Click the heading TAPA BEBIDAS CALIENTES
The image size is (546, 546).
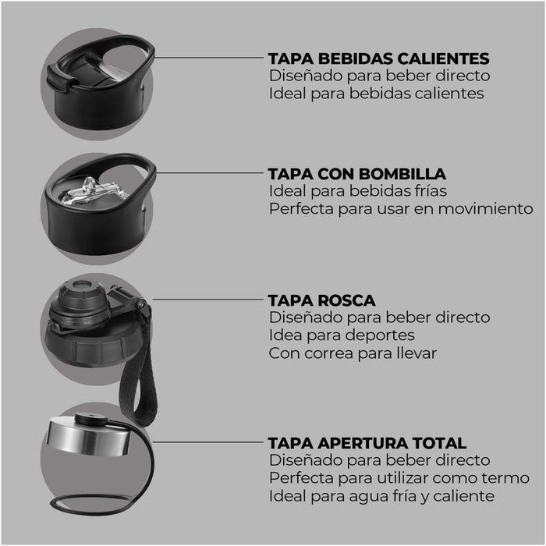(378, 58)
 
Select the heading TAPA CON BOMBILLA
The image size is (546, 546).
(357, 174)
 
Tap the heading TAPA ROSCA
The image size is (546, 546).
(321, 300)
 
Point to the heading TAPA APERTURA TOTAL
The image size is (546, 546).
(367, 443)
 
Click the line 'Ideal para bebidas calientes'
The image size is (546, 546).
(377, 94)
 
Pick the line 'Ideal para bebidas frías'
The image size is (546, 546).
(358, 191)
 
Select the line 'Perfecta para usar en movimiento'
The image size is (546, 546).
(401, 209)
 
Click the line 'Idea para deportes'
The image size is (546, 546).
(342, 335)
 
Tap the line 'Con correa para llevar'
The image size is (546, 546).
(353, 353)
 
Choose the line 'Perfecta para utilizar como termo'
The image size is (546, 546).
(399, 478)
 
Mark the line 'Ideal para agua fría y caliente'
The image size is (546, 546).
(381, 496)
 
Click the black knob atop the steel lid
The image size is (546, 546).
(91, 419)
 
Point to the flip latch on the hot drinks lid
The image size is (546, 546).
(62, 79)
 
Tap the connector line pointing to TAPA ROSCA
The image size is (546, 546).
(208, 299)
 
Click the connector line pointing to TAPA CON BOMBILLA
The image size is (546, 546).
(210, 172)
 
